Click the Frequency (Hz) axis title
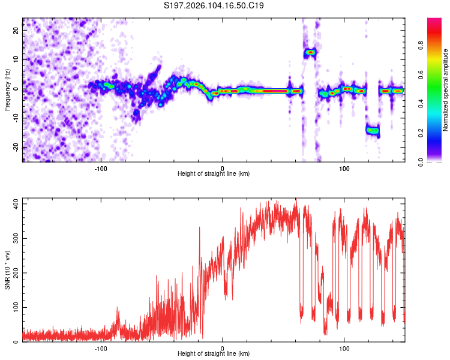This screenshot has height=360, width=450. tap(7, 89)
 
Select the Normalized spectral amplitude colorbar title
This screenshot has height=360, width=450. tap(446, 90)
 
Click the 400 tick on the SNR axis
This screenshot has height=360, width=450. tap(14, 204)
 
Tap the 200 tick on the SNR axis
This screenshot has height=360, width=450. tap(14, 273)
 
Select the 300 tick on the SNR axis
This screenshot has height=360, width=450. tap(14, 239)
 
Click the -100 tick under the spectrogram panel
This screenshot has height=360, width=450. tap(101, 167)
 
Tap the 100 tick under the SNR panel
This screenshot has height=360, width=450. tap(344, 348)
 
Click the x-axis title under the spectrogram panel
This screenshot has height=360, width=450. tap(214, 174)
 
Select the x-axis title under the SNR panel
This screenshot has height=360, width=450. tap(214, 355)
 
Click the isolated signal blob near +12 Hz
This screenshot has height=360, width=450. tap(310, 52)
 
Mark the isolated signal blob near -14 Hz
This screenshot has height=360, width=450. tap(373, 130)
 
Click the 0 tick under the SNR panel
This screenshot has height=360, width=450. tap(223, 348)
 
